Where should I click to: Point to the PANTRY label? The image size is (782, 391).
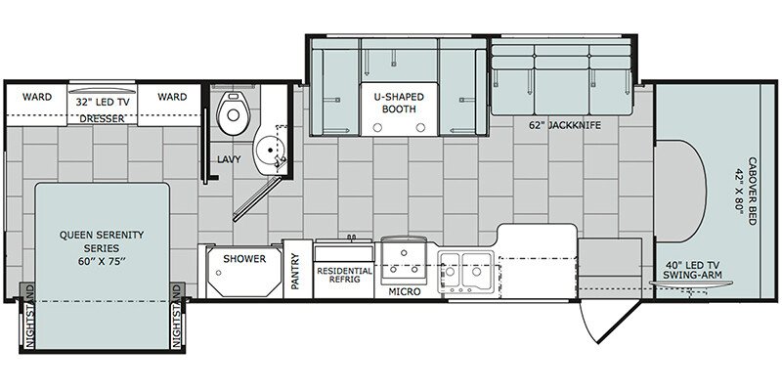click(294, 272)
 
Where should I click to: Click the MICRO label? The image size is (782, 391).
click(404, 291)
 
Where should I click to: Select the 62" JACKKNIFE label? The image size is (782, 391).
click(553, 124)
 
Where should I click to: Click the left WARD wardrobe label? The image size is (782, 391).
click(37, 98)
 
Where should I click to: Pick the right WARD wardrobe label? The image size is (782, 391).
click(172, 98)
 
